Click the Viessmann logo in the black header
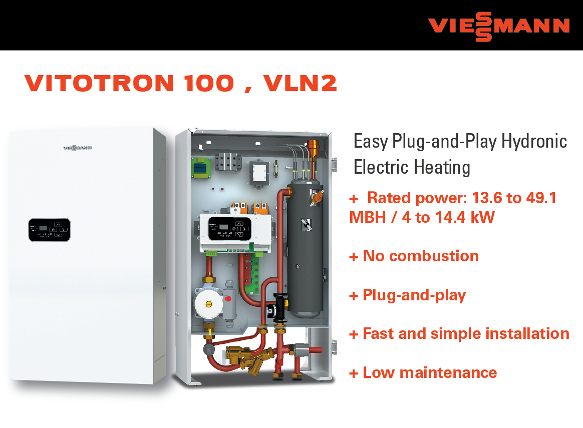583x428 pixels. coord(498,27)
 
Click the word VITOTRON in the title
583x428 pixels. coord(99,83)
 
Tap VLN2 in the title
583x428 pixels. coord(300,83)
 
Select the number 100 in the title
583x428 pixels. coord(209,83)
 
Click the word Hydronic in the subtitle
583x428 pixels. coord(534,142)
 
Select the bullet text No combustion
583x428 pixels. coord(421,256)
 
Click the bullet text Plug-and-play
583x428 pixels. coord(414,295)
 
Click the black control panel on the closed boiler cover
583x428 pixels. coord(50,230)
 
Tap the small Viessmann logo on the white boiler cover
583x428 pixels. coord(77,148)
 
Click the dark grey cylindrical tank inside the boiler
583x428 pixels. coord(305,247)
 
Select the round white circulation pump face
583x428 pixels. coord(208,304)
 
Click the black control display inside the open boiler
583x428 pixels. coord(229,228)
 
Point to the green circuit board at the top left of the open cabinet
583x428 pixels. coord(201,168)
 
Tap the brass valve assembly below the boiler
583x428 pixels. coord(249,358)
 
